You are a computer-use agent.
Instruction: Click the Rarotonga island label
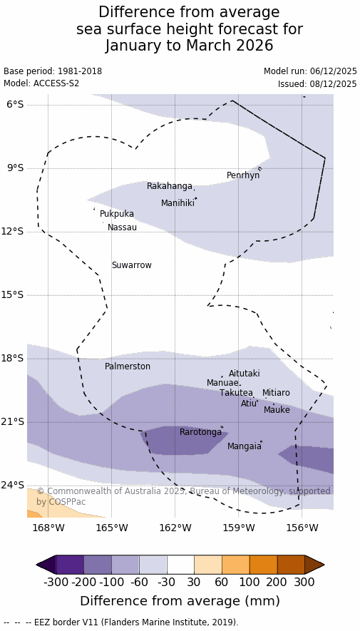point(201,432)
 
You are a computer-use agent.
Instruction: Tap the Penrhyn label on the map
point(243,175)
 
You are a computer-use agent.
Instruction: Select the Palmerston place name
point(128,366)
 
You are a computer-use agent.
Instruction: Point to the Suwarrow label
point(132,265)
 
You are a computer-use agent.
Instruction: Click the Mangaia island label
point(244,446)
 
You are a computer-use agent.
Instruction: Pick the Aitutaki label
point(244,374)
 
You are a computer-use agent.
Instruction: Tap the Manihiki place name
point(178,203)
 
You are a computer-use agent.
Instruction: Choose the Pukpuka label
point(117,214)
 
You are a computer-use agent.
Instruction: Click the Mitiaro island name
point(276,393)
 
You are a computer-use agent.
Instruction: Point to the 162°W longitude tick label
point(175,527)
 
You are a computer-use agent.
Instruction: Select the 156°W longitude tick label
point(302,527)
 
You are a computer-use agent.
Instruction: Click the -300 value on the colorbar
point(56,583)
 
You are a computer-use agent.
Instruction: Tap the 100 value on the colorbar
point(250,583)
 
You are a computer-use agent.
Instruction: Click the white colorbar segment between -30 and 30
point(180,565)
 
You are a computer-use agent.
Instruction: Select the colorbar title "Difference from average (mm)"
point(180,601)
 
